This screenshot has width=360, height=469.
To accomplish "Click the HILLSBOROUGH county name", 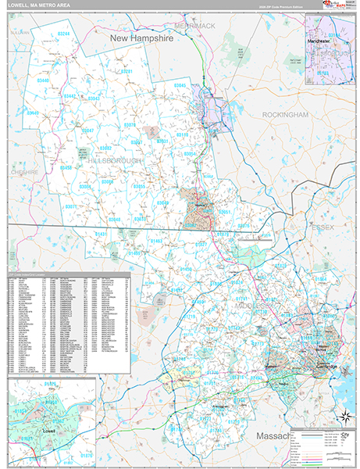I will [114, 160].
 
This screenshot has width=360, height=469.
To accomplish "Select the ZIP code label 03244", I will [64, 34].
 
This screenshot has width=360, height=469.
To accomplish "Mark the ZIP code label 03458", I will [67, 168].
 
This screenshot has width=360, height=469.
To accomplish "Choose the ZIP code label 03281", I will [127, 72].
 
